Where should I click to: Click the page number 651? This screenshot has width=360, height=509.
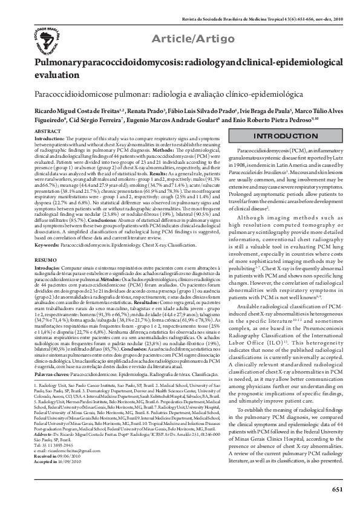pyautogui.click(x=338, y=488)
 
